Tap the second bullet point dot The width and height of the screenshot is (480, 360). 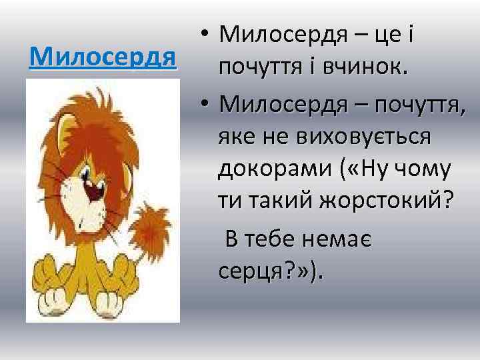click(205, 105)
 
